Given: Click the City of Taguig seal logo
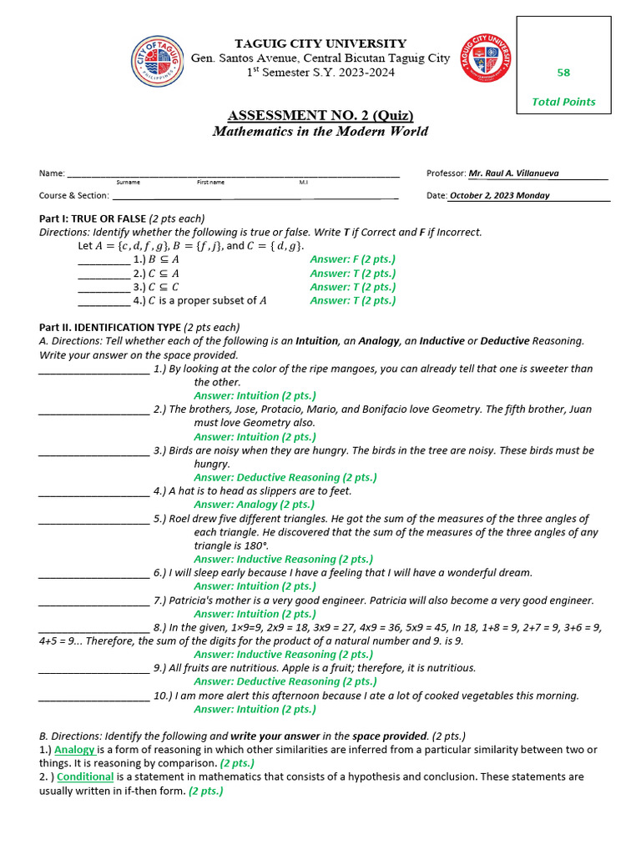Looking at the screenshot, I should (159, 60).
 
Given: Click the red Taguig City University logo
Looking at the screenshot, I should (486, 58).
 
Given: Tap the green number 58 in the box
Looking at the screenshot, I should (563, 73).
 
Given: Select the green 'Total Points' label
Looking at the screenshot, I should (563, 102).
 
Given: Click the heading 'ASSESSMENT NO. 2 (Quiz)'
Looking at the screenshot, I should (320, 115).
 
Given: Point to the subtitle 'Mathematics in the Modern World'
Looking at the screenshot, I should (320, 131).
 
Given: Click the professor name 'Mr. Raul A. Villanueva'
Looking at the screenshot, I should (513, 173).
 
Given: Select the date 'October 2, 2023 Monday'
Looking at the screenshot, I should (499, 195).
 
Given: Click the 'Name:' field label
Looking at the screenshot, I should (52, 173).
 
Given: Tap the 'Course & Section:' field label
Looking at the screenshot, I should (74, 195).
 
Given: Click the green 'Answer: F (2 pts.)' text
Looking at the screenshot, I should (352, 259).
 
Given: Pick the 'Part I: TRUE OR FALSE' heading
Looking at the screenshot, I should (93, 219).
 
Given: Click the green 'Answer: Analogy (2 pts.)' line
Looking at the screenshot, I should (255, 505).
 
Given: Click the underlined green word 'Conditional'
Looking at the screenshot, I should (85, 776).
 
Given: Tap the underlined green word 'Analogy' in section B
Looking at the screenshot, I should (74, 750).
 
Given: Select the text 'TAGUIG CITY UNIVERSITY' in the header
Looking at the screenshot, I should (320, 43).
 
